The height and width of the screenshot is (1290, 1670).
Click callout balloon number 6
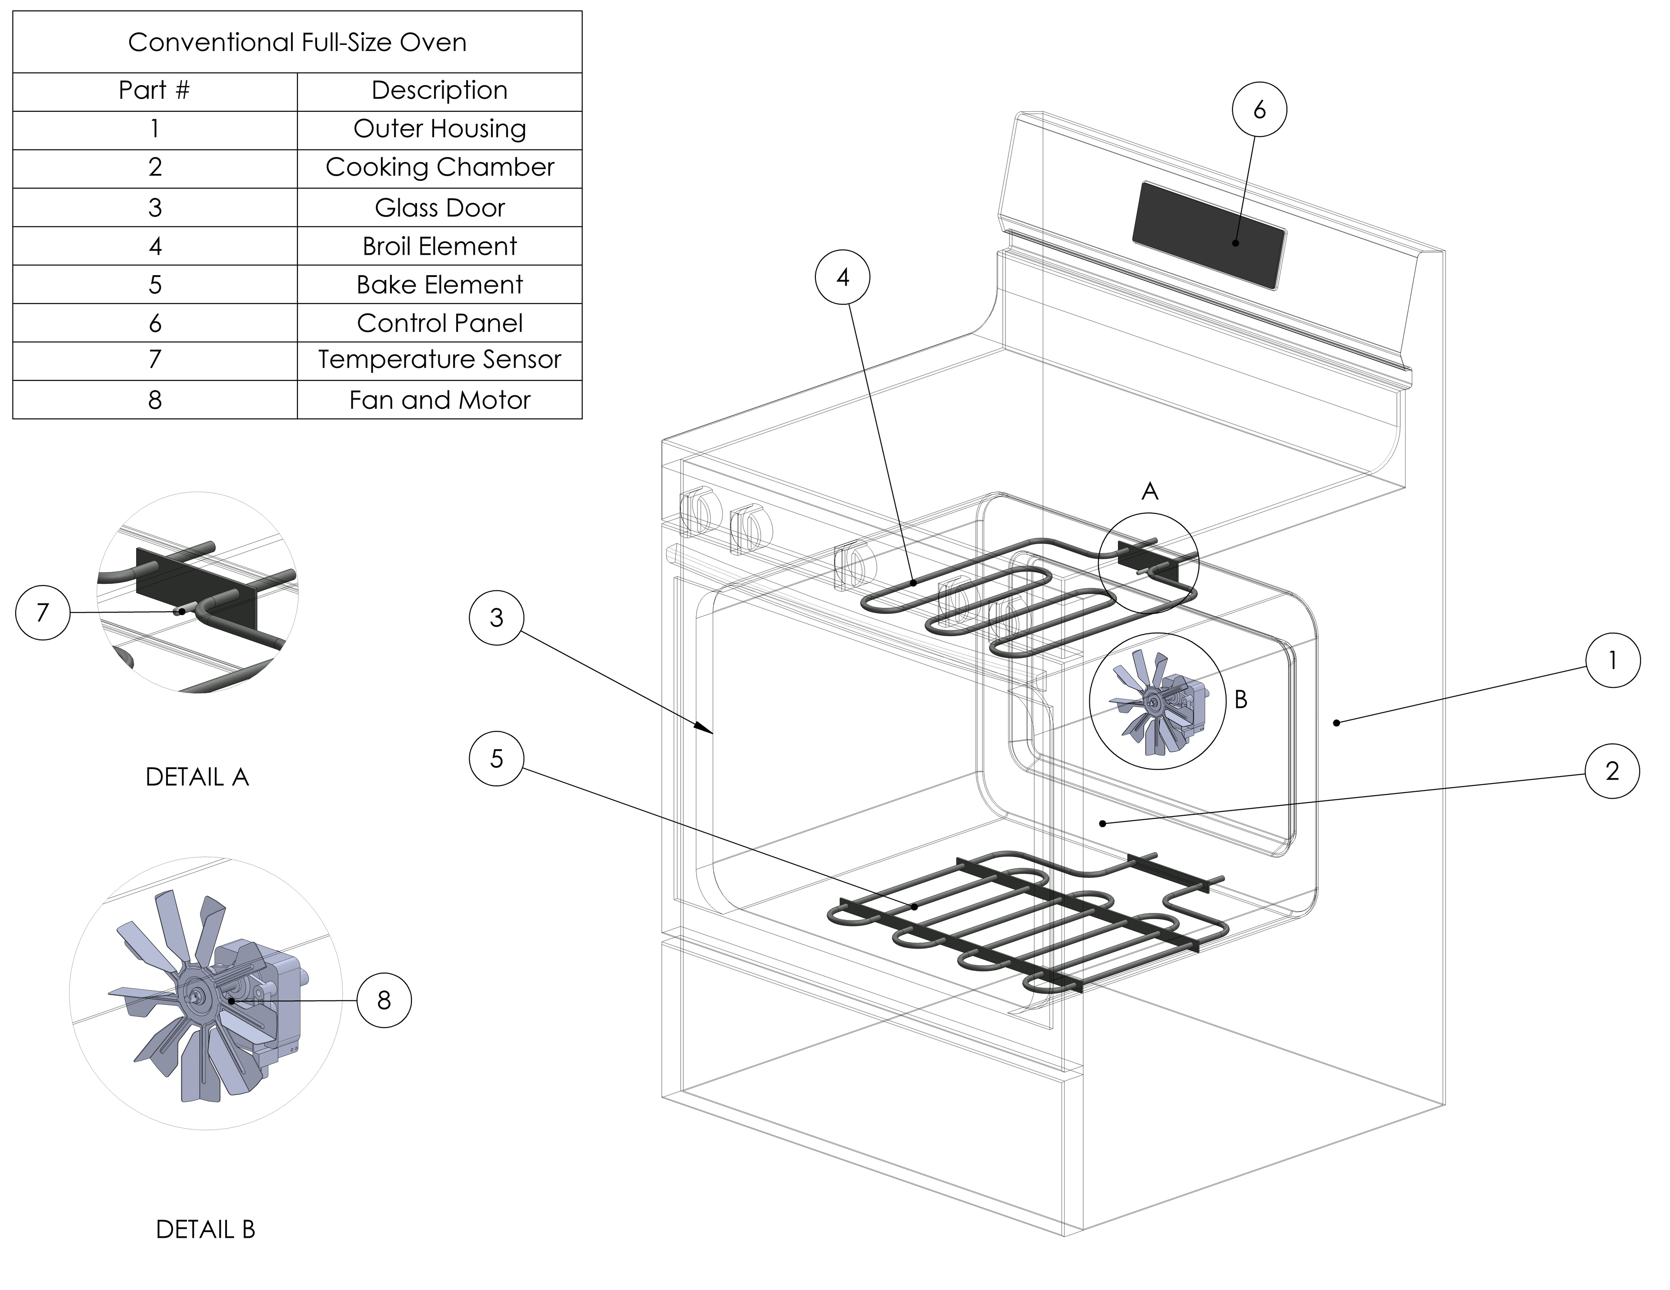pos(1259,110)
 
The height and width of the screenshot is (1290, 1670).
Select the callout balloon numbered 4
pos(843,277)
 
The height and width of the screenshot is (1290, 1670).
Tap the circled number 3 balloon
pos(496,617)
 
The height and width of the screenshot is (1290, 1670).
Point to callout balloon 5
pos(496,759)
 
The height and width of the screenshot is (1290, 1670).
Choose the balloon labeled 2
pos(1612,771)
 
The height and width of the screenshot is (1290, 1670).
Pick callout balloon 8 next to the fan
pos(384,1000)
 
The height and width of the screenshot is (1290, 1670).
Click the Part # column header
pos(154,90)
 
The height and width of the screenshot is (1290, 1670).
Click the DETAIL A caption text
pos(197,777)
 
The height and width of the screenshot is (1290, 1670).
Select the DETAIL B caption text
pos(205,1229)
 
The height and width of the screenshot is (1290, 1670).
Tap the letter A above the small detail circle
pos(1149,492)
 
